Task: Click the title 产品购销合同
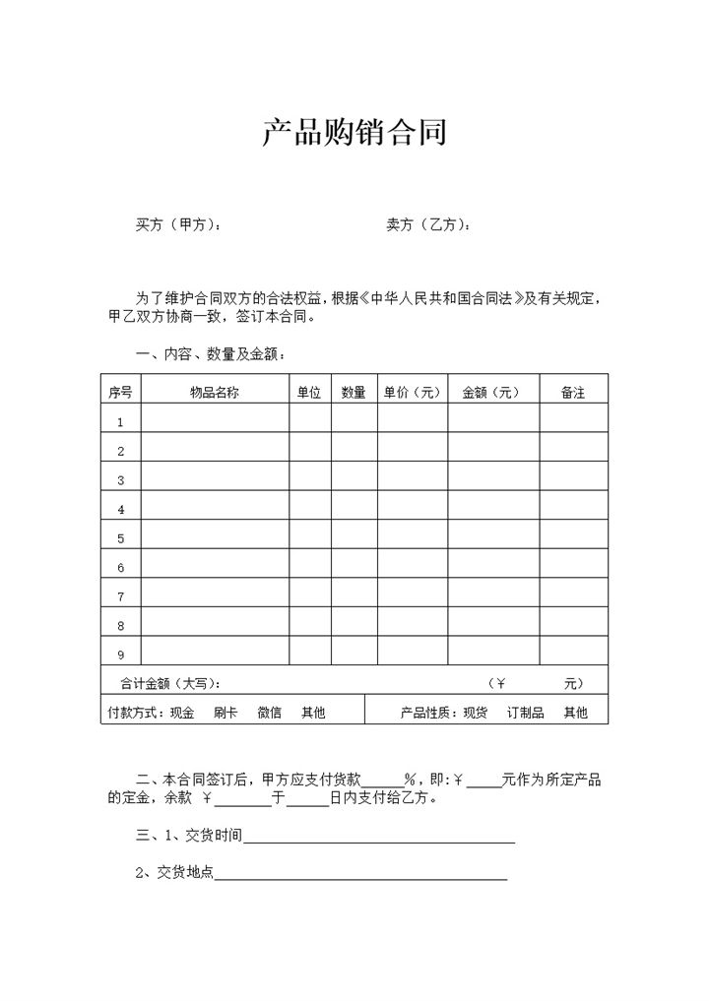[x=354, y=133]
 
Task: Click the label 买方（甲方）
[x=177, y=225]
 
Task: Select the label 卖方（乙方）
[x=428, y=225]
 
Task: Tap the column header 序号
[x=120, y=392]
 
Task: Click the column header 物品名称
[x=215, y=392]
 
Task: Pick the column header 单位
[x=309, y=392]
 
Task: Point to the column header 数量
[x=354, y=392]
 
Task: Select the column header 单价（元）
[x=412, y=392]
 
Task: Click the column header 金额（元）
[x=492, y=392]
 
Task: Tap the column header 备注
[x=573, y=392]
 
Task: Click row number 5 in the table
[x=120, y=538]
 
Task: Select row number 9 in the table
[x=120, y=655]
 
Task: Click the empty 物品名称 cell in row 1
[x=215, y=421]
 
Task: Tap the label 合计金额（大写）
[x=169, y=683]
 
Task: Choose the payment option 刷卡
[x=226, y=713]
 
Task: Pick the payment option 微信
[x=269, y=713]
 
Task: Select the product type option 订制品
[x=525, y=713]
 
